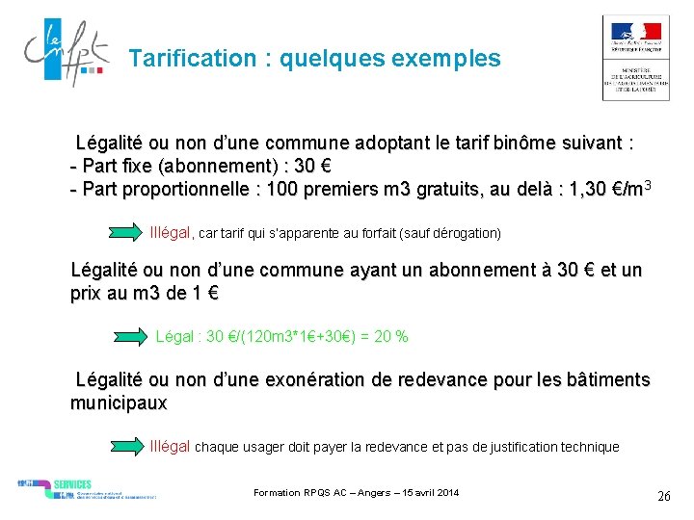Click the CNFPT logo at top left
coord(64,56)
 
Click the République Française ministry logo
coord(635,58)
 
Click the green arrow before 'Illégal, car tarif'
coord(126,233)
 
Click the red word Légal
coord(173,337)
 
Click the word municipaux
coord(119,403)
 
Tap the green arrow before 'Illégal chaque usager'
coord(126,446)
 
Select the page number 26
coord(663,497)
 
